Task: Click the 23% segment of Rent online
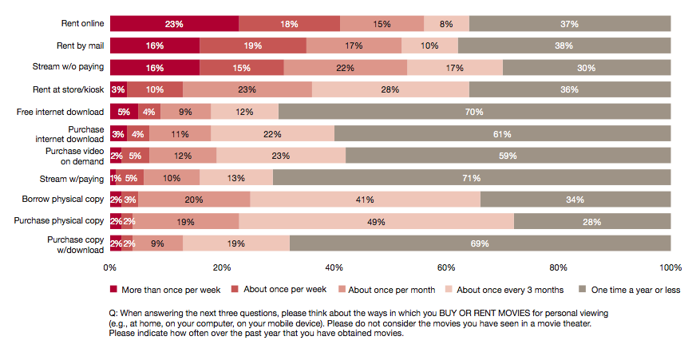tap(174, 24)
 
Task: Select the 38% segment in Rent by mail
tap(564, 46)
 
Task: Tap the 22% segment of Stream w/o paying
tap(345, 68)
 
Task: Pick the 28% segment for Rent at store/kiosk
tap(390, 90)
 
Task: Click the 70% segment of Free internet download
tap(474, 112)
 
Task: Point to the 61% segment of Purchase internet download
tap(502, 134)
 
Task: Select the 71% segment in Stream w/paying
tap(471, 178)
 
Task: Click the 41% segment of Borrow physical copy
tap(366, 200)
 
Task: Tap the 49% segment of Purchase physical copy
tap(376, 222)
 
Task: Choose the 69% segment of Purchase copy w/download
tap(479, 243)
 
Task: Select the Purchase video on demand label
tap(75, 156)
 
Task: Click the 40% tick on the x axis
tap(334, 267)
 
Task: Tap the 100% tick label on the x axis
tap(670, 267)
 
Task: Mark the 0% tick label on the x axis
tap(110, 267)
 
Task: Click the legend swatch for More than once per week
tap(113, 289)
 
